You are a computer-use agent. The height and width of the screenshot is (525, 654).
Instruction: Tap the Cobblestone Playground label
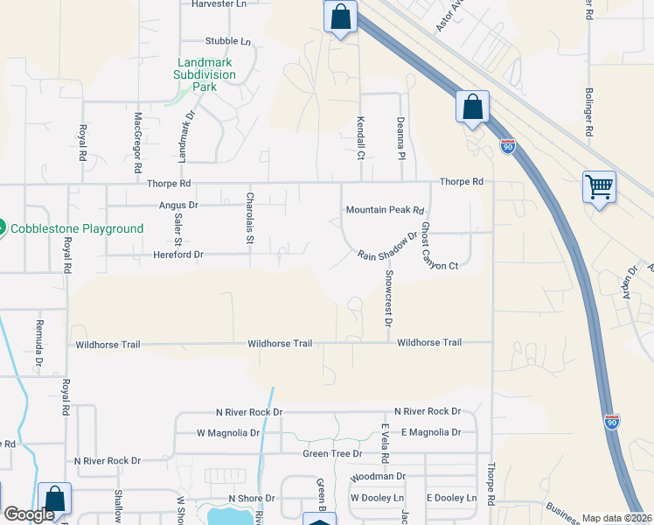77,228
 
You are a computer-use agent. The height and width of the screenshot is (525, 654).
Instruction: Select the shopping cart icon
599,185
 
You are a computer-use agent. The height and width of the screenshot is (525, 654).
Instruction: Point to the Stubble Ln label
227,41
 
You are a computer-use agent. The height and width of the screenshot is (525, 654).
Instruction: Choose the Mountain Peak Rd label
385,210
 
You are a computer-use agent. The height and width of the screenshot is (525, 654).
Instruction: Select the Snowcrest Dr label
387,297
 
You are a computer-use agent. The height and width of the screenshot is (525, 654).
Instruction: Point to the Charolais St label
249,219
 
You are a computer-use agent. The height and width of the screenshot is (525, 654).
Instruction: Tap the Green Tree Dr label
332,453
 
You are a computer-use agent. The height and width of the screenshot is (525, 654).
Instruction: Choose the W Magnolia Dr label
228,433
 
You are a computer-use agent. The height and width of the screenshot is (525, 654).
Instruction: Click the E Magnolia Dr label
430,432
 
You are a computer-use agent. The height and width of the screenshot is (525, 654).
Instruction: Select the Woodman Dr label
378,477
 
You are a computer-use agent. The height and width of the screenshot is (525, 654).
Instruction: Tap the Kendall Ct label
359,137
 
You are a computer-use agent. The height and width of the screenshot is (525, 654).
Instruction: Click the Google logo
29,514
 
